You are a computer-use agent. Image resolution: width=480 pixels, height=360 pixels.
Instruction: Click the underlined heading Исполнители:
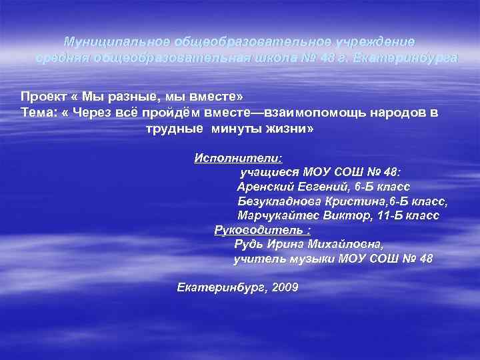238,158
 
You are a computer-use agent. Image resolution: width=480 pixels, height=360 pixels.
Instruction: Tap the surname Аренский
264,187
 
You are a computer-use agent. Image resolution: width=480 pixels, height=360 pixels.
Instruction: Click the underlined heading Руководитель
257,230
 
